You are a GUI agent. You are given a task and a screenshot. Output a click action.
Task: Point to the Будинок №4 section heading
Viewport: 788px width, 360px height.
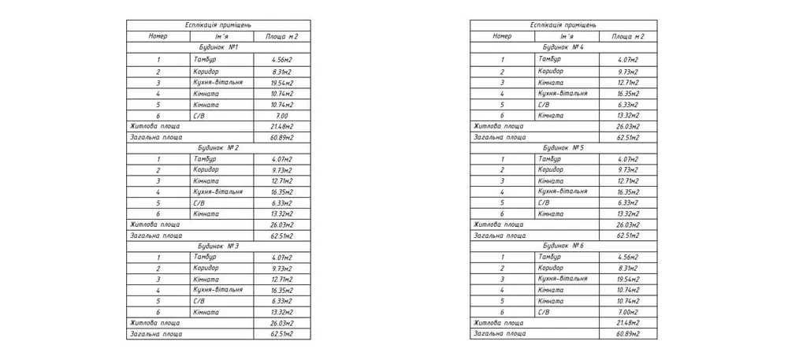[562, 48]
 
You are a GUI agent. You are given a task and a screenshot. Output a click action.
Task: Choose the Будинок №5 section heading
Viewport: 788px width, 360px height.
[562, 147]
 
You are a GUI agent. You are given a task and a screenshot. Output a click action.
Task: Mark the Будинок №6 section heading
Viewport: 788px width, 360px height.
[562, 246]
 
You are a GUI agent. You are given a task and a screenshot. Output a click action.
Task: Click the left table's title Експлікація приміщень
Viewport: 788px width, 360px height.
[218, 25]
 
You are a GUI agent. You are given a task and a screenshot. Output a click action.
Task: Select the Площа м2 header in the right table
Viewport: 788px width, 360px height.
[628, 36]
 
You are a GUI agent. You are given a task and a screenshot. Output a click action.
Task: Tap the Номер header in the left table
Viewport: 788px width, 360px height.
[158, 36]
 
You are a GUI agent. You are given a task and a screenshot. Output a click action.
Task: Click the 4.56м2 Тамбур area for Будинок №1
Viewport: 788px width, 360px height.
[282, 60]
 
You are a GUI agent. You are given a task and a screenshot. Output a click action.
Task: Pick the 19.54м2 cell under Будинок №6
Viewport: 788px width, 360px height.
[628, 279]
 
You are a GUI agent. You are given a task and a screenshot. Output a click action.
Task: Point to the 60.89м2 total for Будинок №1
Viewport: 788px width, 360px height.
[282, 137]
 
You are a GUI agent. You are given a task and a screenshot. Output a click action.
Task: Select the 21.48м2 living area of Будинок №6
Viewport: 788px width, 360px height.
[628, 323]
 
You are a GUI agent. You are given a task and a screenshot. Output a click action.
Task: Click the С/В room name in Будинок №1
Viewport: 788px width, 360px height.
[199, 115]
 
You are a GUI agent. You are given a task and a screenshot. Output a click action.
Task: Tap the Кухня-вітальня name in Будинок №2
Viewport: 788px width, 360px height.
[217, 191]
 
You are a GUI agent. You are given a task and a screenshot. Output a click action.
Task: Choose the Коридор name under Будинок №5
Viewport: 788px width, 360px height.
[551, 169]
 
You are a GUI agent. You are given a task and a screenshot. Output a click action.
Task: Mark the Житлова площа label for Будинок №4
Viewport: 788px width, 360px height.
[499, 126]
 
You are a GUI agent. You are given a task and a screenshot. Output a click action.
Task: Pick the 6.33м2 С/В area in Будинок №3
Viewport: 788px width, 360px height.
[282, 301]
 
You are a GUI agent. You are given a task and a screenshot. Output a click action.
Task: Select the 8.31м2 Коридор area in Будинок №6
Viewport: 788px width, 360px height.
[628, 268]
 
